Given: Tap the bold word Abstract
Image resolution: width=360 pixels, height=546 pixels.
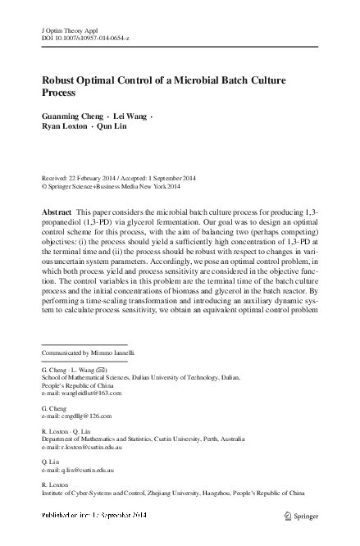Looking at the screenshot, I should [x=56, y=212].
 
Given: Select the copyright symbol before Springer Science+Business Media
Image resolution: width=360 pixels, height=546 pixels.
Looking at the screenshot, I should [x=43, y=186].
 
